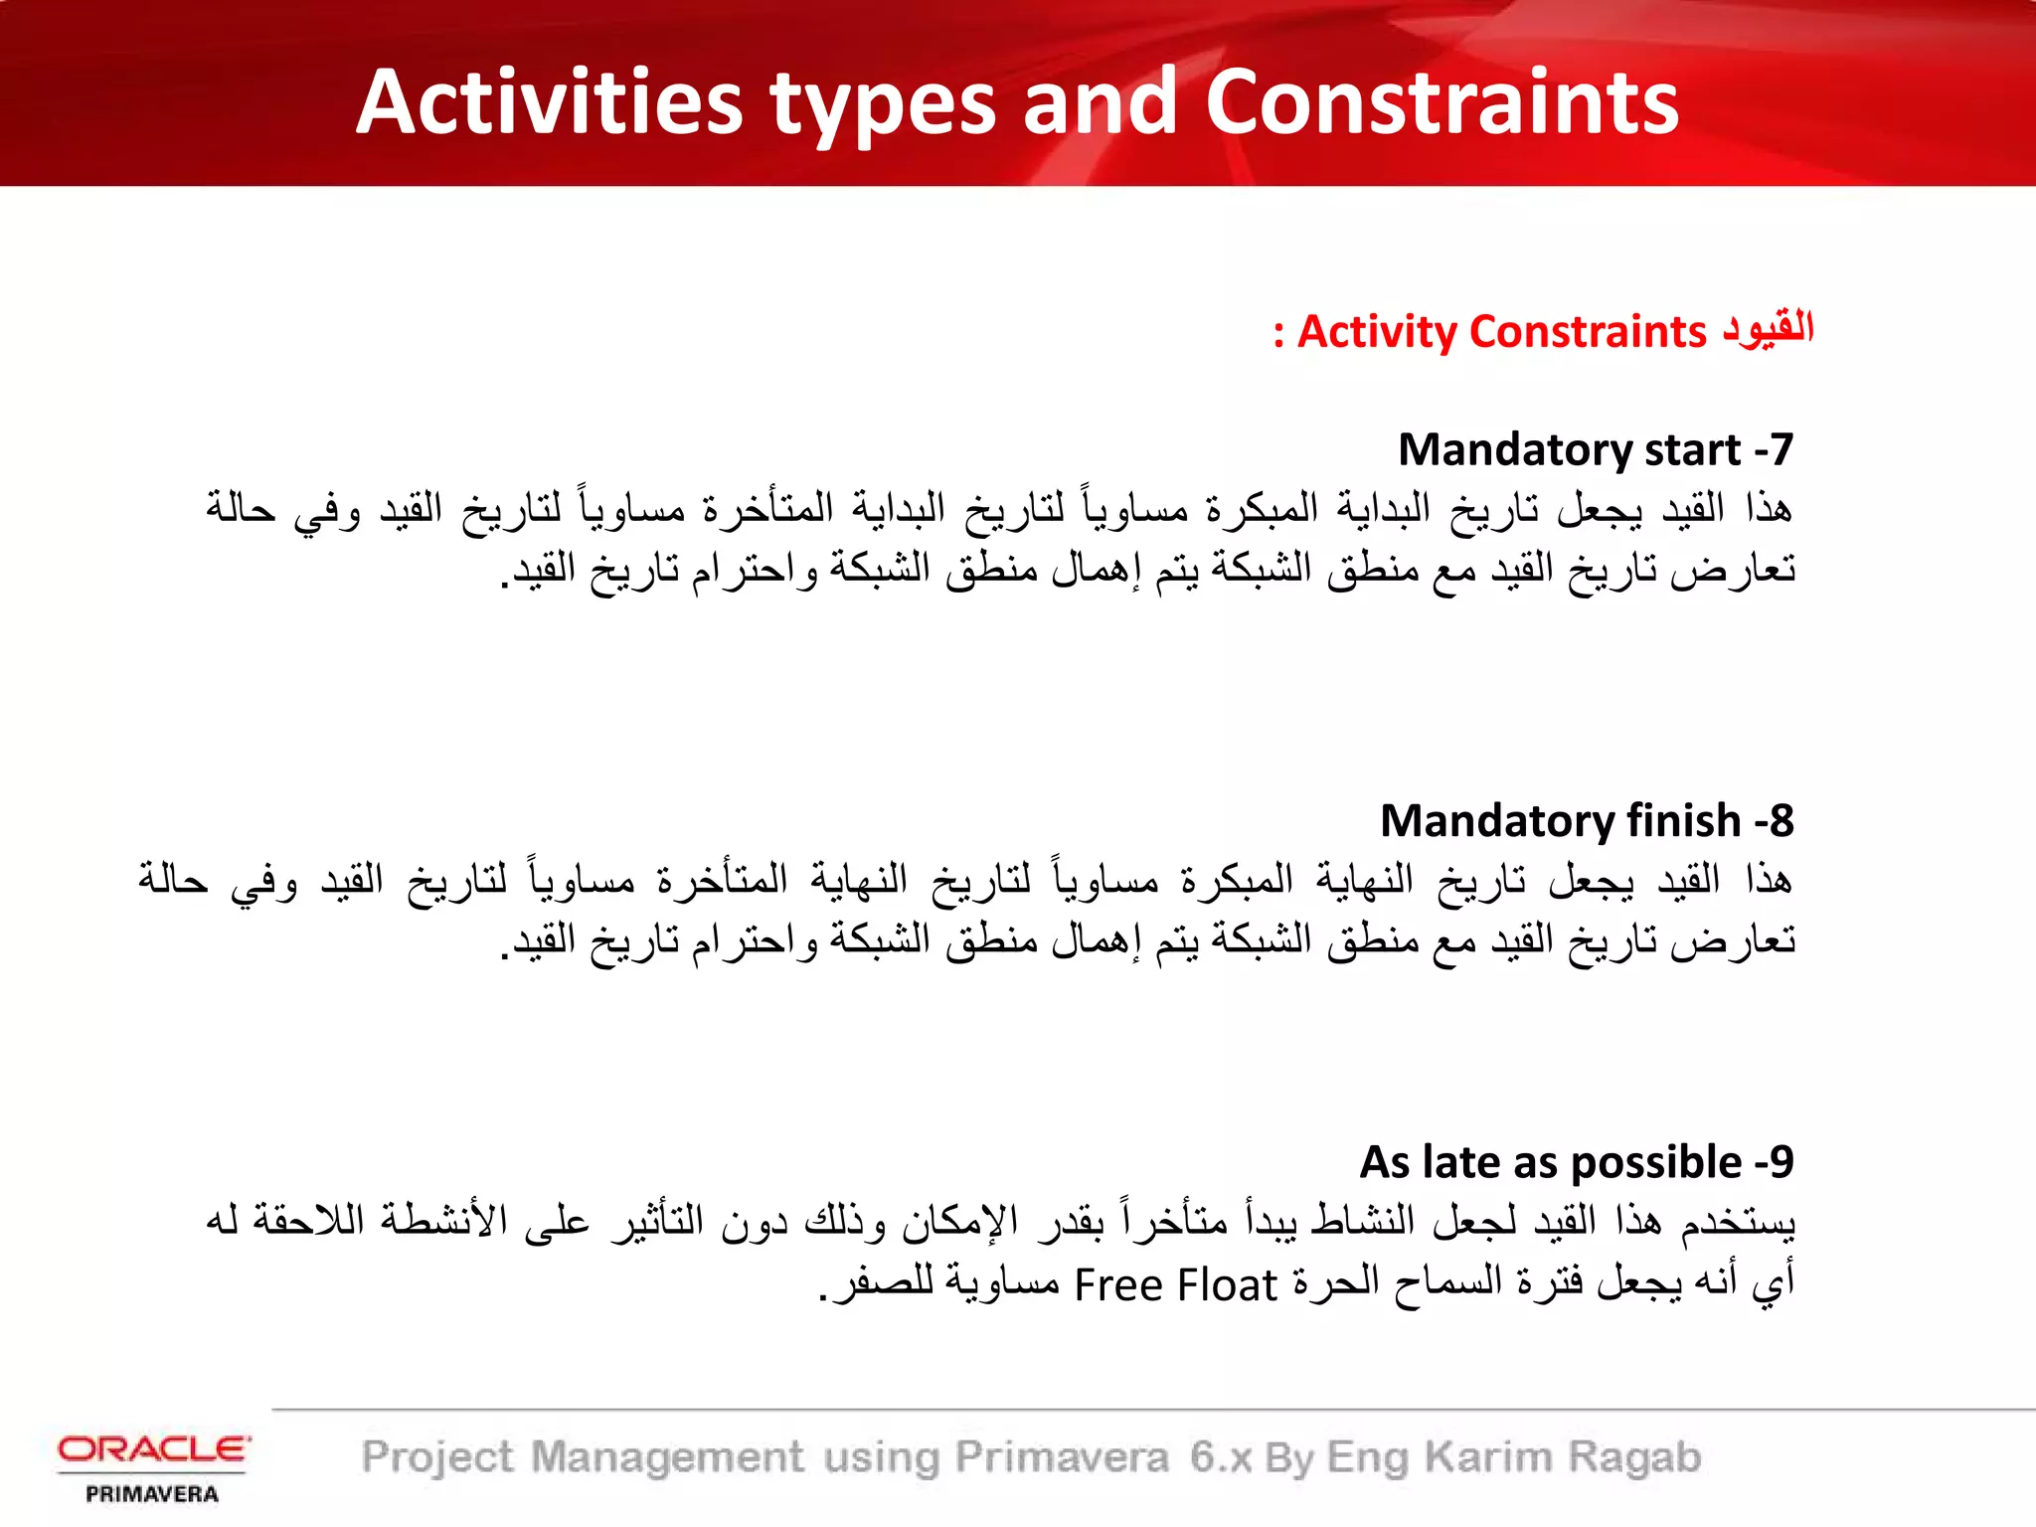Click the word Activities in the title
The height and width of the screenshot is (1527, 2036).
point(550,102)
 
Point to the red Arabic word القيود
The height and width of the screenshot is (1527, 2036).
point(1769,328)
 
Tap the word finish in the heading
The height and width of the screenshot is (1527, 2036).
point(1683,821)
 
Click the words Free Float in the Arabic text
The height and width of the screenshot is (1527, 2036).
point(1175,1285)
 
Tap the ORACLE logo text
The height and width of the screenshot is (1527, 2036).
point(153,1449)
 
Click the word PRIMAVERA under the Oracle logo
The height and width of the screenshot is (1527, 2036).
point(152,1494)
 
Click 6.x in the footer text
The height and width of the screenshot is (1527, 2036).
point(1221,1457)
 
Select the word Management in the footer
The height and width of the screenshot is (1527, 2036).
point(667,1458)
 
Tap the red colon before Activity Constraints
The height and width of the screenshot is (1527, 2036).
point(1278,335)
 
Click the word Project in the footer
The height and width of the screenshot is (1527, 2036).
point(438,1458)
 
